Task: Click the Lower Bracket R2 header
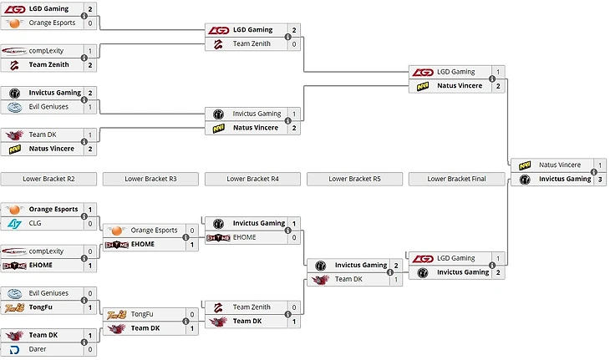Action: pos(48,179)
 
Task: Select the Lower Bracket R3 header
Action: pos(150,179)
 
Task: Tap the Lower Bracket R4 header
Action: pos(252,179)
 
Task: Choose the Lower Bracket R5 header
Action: pos(354,179)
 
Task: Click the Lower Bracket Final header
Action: pos(456,179)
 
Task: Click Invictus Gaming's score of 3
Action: pos(599,179)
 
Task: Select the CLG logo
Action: pos(14,224)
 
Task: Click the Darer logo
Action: pos(14,349)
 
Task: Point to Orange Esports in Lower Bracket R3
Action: pos(154,230)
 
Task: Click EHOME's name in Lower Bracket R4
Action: pos(244,237)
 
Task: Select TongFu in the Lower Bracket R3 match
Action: pos(142,314)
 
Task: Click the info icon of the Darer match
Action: pos(84,342)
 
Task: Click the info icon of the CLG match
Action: pos(84,216)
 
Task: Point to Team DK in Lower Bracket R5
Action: pos(348,279)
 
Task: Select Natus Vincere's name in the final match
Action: pos(559,165)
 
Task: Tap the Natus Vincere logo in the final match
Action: pos(525,165)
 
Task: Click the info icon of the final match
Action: pos(593,172)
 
